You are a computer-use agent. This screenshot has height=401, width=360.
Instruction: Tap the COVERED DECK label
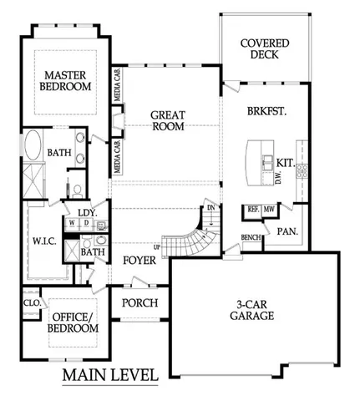(265, 50)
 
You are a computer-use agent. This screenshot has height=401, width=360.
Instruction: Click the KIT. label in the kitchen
(284, 163)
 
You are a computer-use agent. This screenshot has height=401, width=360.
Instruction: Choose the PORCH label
(139, 302)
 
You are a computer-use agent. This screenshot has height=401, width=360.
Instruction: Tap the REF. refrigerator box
(251, 209)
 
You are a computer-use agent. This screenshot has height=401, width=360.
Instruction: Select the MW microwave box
(269, 209)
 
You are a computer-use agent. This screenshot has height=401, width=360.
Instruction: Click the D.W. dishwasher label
(277, 179)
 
